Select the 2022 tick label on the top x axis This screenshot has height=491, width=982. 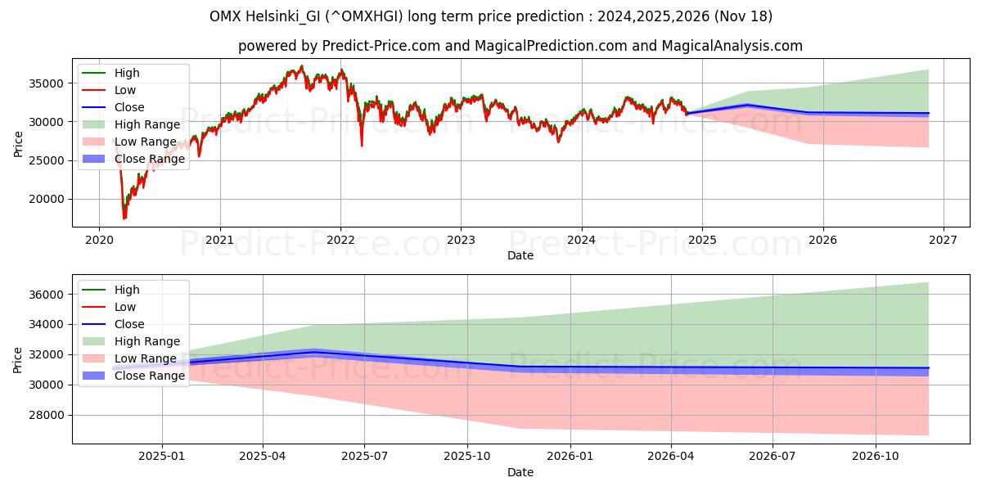coord(340,241)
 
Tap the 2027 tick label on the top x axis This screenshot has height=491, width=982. coord(943,241)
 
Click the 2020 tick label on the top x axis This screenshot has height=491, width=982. coord(99,241)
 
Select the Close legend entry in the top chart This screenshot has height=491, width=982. coord(129,107)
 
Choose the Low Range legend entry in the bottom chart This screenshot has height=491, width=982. coord(145,358)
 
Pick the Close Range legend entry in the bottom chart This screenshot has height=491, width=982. coord(150,376)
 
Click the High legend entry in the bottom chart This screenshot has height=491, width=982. coord(127,290)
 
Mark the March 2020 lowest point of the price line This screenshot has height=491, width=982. coord(124,218)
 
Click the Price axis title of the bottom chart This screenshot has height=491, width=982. coord(18,359)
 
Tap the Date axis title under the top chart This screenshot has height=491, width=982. coord(520,255)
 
